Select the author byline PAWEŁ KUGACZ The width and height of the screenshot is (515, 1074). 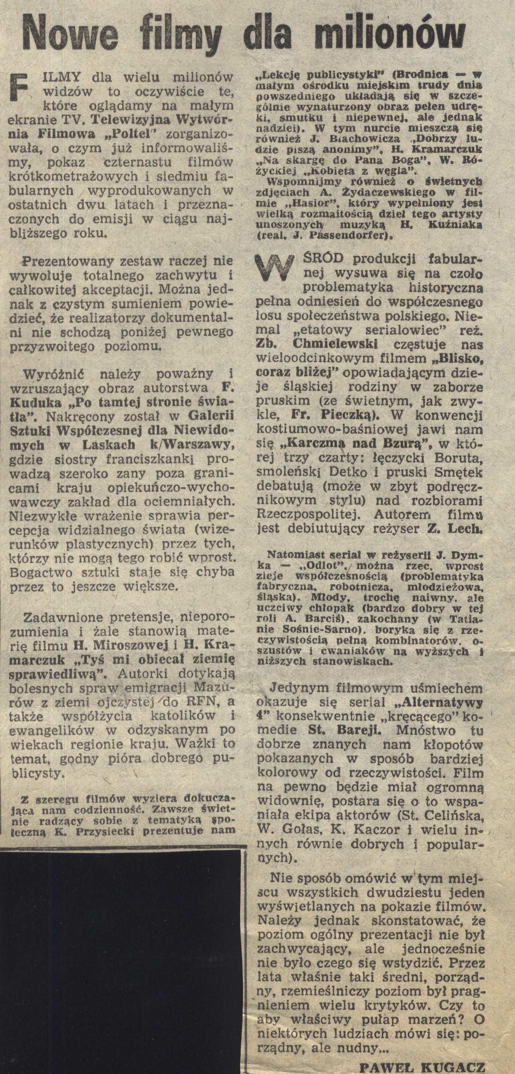[x=422, y=1064]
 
